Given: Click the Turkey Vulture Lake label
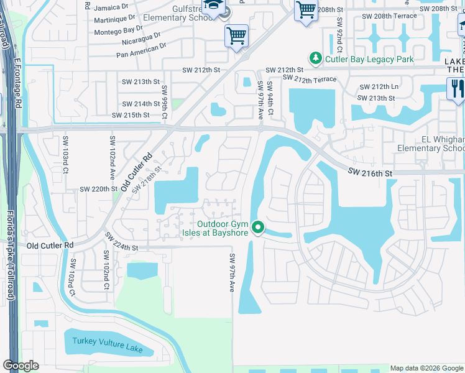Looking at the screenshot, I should coord(107,345).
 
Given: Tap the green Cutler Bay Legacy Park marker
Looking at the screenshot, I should coord(316,59).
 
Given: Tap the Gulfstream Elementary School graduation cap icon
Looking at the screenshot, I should coord(212,6).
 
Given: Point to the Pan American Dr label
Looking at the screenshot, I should coord(141,50).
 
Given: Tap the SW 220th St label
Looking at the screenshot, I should coord(98,189).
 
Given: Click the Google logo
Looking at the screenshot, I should coord(21,366).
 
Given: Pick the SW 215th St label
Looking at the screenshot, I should coord(131,116).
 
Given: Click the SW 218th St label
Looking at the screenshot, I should coord(147,177).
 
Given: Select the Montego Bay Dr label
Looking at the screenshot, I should coord(123,29).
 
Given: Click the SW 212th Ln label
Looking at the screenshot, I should coord(377,88).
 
